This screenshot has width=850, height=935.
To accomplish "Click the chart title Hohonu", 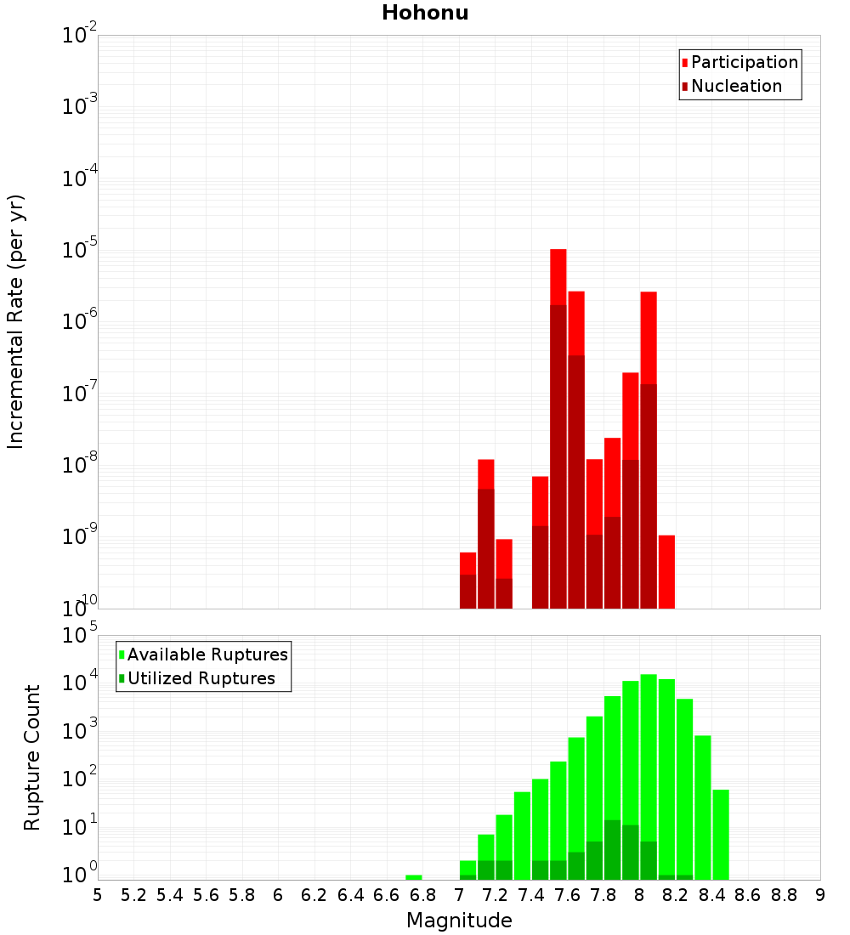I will [x=425, y=13].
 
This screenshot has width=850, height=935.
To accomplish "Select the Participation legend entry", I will [x=744, y=62].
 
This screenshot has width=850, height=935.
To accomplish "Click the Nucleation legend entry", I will [x=735, y=86].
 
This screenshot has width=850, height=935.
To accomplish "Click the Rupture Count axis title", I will [x=32, y=756].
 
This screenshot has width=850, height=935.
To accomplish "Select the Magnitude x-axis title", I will [x=459, y=921].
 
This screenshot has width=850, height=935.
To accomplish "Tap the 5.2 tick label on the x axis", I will [x=133, y=895].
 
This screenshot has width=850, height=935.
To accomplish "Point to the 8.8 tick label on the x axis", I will [x=785, y=895].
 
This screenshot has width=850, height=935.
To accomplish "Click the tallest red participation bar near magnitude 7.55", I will [x=558, y=276].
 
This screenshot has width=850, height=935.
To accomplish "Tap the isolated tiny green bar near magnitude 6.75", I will [x=414, y=877].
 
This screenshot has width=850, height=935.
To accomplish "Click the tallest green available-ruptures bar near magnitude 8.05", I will [x=649, y=765].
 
